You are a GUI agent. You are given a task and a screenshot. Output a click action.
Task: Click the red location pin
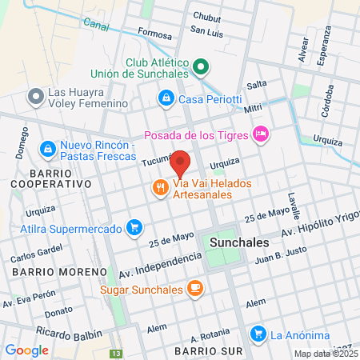[x=181, y=163]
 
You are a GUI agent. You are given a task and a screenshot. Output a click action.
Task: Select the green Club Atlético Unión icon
[x=201, y=68]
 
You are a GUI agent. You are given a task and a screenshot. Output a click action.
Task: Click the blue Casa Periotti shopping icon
[x=165, y=98]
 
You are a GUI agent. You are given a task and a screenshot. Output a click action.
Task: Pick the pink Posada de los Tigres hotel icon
[x=259, y=134]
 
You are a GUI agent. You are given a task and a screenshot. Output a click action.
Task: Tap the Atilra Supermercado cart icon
[x=134, y=228]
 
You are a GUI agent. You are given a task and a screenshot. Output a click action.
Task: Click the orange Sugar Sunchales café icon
[x=194, y=288]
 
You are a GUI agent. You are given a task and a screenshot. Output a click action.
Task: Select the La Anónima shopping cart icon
[x=257, y=334]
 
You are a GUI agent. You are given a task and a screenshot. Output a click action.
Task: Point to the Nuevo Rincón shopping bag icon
[x=48, y=150]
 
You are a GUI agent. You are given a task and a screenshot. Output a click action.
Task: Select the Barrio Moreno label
[x=58, y=272]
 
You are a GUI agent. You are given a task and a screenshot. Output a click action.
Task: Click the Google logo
[x=26, y=350]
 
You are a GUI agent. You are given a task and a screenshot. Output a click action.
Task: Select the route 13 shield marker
[x=117, y=354]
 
